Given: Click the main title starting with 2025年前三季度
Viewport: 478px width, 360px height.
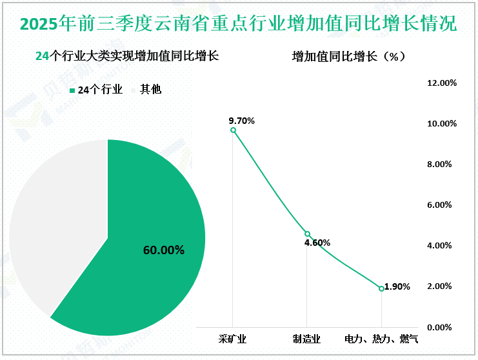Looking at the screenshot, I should (239, 24).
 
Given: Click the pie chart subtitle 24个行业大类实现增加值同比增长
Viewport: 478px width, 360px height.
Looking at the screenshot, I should (127, 56).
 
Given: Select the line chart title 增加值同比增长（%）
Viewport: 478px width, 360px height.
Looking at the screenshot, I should (348, 56).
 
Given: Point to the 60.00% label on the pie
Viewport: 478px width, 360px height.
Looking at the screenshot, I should (164, 250).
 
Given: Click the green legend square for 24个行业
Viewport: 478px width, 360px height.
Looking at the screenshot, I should (72, 91).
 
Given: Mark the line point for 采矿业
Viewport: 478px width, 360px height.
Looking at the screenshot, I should (233, 130).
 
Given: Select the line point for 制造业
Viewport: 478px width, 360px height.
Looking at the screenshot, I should (307, 234).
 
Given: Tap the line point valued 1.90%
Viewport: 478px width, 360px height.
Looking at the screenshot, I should (381, 288).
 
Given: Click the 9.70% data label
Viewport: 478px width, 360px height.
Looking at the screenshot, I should (242, 121).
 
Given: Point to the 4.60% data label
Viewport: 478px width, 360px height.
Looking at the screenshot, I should (317, 243).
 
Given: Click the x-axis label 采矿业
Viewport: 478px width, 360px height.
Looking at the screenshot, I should (232, 338).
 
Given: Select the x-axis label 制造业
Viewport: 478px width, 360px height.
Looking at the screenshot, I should (306, 338).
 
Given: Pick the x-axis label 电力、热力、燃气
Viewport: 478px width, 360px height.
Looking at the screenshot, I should (381, 338).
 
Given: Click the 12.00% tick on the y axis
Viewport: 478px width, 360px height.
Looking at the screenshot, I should (443, 83).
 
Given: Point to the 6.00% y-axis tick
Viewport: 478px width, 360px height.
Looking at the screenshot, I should (443, 205).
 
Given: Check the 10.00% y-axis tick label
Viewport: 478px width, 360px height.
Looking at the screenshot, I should (443, 124).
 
